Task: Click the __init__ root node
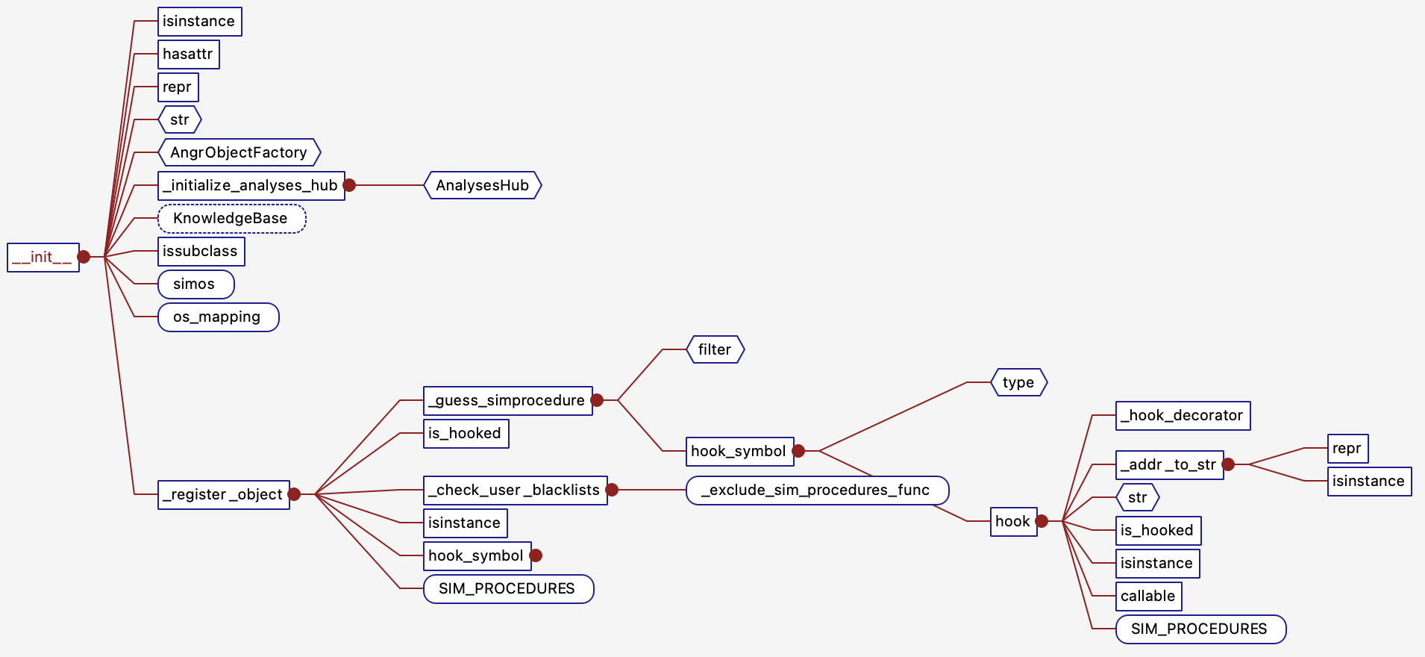coord(43,258)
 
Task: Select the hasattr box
coord(189,55)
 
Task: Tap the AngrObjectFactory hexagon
coord(239,152)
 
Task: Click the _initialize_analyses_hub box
coord(251,186)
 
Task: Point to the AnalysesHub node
coord(483,185)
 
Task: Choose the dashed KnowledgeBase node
coord(231,219)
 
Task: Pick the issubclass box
coord(201,252)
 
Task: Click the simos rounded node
coord(195,284)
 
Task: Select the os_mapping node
coord(218,317)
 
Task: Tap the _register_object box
coord(223,495)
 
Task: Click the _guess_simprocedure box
coord(507,401)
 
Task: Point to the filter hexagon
coord(715,349)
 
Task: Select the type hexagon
coord(1018,382)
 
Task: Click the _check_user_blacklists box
coord(515,491)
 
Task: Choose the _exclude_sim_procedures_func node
coord(817,491)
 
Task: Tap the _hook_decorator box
coord(1183,416)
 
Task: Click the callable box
coord(1148,597)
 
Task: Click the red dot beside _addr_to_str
coord(1228,464)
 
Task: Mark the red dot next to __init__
coord(84,257)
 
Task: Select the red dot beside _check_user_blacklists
coord(612,490)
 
